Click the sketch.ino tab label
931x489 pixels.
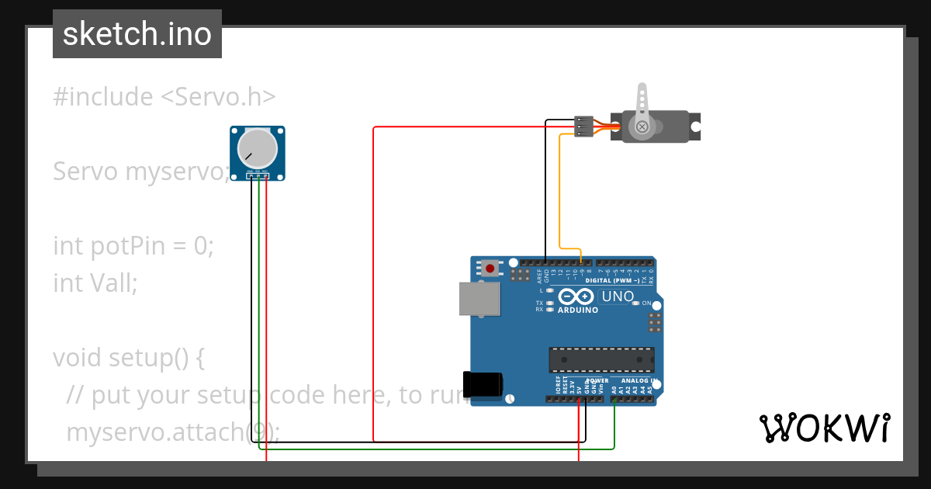[137, 34]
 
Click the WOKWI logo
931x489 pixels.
[824, 428]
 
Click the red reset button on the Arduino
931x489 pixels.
[490, 269]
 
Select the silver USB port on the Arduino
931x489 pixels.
[478, 299]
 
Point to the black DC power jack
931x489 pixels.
[483, 385]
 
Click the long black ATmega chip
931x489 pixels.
[601, 360]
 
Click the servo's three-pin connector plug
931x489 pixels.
[583, 127]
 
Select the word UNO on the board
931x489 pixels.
[618, 297]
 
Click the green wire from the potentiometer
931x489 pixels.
[434, 449]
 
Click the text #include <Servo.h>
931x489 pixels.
[164, 97]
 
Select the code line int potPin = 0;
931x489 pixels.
[133, 246]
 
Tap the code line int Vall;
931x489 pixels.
[95, 283]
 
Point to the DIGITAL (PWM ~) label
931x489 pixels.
[613, 280]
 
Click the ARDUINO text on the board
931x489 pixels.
[578, 310]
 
